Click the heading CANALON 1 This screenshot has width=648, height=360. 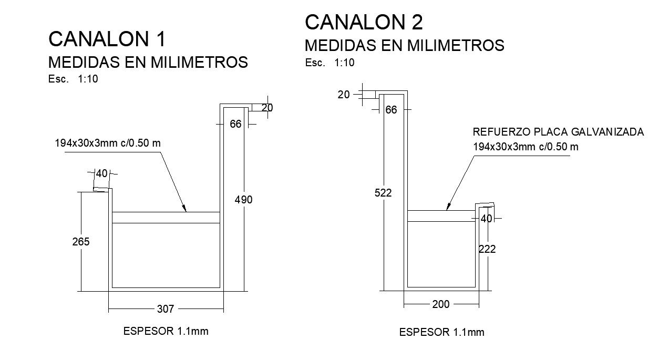[x=107, y=39]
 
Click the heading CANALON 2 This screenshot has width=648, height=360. [x=364, y=22]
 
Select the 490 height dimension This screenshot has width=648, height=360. [x=245, y=200]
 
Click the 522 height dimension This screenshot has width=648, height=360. [x=384, y=193]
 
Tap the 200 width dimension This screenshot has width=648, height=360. [x=440, y=304]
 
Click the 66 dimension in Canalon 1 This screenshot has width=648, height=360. [x=235, y=125]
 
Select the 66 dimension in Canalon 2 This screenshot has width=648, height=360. [x=391, y=110]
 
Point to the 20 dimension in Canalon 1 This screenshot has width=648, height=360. [x=267, y=108]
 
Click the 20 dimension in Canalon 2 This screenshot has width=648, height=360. [x=344, y=95]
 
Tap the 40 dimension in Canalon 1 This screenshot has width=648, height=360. [x=101, y=173]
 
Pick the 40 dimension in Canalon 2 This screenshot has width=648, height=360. [x=486, y=218]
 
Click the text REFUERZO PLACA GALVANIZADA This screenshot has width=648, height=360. [x=558, y=132]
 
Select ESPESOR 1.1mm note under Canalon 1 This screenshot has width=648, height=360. [x=166, y=331]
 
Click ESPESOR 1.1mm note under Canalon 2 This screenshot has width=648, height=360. [x=441, y=332]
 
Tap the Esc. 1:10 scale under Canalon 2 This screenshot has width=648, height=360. [x=330, y=63]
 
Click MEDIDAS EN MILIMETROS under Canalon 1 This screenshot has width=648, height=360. [x=148, y=63]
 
